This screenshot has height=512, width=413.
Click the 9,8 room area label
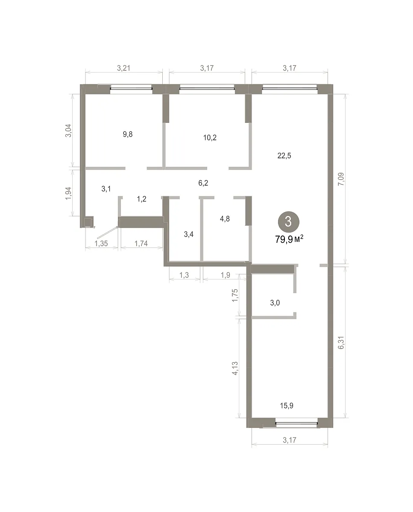(128, 134)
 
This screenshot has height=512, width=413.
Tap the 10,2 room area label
(210, 137)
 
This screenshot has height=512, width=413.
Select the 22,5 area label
(284, 156)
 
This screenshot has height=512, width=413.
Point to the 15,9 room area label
(287, 405)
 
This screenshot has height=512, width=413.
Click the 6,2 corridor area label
(203, 183)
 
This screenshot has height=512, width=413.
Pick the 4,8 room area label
(225, 218)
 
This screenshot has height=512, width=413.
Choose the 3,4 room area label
(189, 234)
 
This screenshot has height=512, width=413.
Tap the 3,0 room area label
(275, 303)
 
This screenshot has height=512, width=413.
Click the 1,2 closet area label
(141, 199)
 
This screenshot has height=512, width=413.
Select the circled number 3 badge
(288, 222)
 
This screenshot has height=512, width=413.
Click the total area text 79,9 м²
(289, 239)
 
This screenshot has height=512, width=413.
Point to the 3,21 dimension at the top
(123, 68)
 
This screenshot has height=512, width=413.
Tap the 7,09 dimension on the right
(341, 179)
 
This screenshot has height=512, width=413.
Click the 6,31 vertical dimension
(341, 343)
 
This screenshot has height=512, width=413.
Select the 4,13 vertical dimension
(235, 368)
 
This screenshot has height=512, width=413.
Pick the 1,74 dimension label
(141, 243)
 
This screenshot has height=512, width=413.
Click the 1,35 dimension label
(101, 243)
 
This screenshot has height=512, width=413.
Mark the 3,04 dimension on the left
(68, 131)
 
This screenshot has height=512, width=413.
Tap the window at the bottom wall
(296, 423)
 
